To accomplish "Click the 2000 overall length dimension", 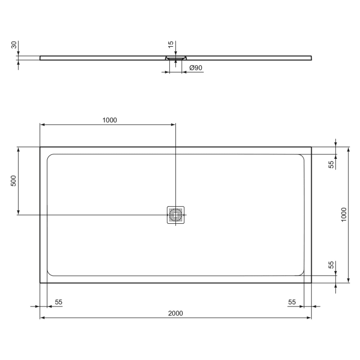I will click(176, 313).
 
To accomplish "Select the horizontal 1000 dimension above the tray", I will click(110, 120).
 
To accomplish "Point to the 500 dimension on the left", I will click(14, 181).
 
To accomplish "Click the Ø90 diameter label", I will click(195, 67).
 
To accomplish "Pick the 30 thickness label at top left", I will click(14, 45).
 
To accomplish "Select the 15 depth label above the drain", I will click(171, 45).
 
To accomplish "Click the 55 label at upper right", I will click(332, 164).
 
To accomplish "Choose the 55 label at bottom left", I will click(59, 302).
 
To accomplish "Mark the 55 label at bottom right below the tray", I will click(292, 302).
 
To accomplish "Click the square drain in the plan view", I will click(176, 214).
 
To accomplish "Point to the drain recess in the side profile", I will click(176, 58).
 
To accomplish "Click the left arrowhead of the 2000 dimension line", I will click(42, 318).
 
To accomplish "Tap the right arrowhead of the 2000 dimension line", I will click(309, 318).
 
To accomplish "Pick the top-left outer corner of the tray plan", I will click(40, 147).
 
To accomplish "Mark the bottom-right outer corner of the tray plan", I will click(311, 282).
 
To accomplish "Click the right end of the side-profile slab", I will click(311, 58).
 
